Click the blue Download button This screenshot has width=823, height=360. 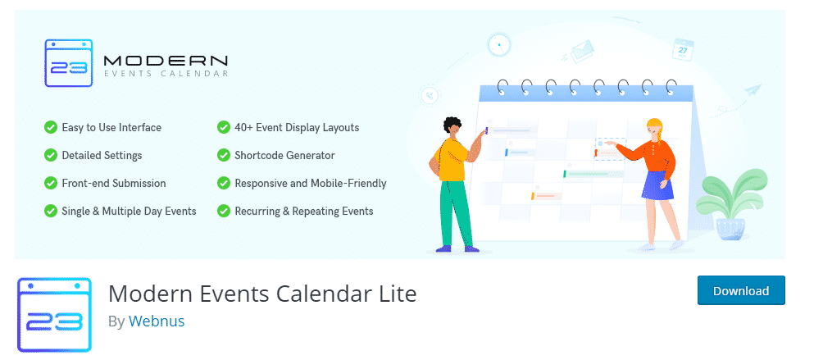pyautogui.click(x=740, y=291)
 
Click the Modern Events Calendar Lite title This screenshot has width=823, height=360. pyautogui.click(x=262, y=293)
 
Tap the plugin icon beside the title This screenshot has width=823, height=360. pyautogui.click(x=54, y=315)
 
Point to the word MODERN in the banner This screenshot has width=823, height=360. pyautogui.click(x=166, y=60)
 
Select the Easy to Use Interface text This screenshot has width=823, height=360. pyautogui.click(x=111, y=128)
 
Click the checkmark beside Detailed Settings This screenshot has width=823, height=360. pyautogui.click(x=51, y=156)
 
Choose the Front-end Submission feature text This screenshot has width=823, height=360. pyautogui.click(x=114, y=184)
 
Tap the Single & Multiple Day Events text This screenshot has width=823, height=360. pyautogui.click(x=129, y=212)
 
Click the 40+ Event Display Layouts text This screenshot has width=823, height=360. pyautogui.click(x=297, y=128)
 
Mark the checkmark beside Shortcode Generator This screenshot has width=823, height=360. pyautogui.click(x=223, y=156)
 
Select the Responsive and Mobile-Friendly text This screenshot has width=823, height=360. pyautogui.click(x=310, y=184)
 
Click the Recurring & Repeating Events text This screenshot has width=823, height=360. pyautogui.click(x=303, y=212)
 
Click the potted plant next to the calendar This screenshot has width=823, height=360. pyautogui.click(x=734, y=205)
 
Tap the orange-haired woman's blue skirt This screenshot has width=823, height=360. pyautogui.click(x=657, y=186)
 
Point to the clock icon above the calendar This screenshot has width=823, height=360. pyautogui.click(x=498, y=44)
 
